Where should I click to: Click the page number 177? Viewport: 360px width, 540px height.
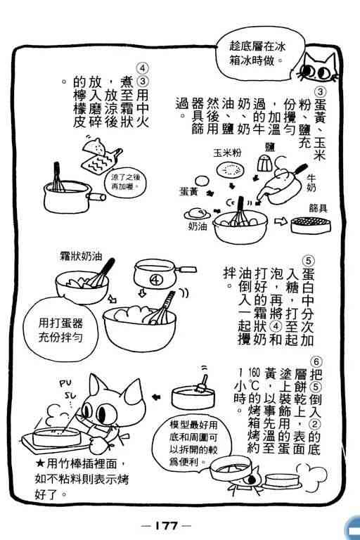[167, 525]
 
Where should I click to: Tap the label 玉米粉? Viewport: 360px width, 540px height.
[227, 153]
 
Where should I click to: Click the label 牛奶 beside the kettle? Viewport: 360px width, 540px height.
[311, 183]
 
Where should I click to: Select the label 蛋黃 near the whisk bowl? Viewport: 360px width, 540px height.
[188, 192]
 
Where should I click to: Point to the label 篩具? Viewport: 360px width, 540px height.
[318, 208]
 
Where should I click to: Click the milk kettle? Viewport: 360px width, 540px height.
[281, 186]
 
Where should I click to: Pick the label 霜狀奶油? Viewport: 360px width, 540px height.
[81, 256]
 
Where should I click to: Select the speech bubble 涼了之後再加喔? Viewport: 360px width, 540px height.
[125, 183]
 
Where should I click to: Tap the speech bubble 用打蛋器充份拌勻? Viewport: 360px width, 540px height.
[60, 329]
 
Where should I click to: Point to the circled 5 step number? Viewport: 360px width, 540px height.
[309, 261]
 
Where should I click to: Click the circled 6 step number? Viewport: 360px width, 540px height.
[316, 362]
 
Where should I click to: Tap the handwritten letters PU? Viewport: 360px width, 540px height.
[65, 383]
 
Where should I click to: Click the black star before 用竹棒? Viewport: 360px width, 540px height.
[40, 463]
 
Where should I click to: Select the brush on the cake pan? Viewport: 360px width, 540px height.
[202, 383]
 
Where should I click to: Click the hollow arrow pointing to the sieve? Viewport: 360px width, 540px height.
[281, 221]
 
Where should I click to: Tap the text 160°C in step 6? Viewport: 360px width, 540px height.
[254, 379]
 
